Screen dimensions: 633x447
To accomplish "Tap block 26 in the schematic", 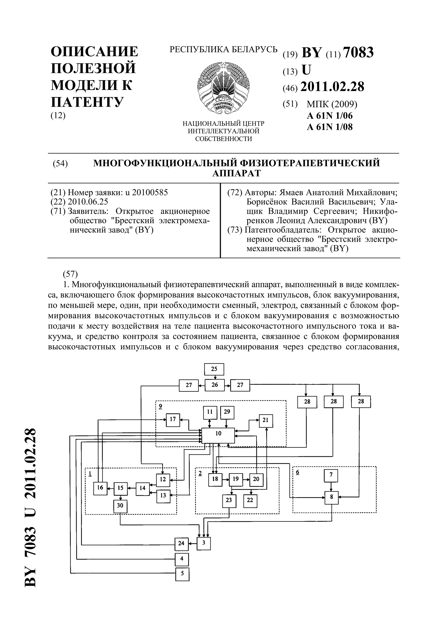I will coord(215,385).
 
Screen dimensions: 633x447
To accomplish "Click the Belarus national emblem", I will coord(224,88).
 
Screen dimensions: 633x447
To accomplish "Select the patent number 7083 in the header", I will coord(359,52).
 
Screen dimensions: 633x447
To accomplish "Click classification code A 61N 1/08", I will coord(330,127).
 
